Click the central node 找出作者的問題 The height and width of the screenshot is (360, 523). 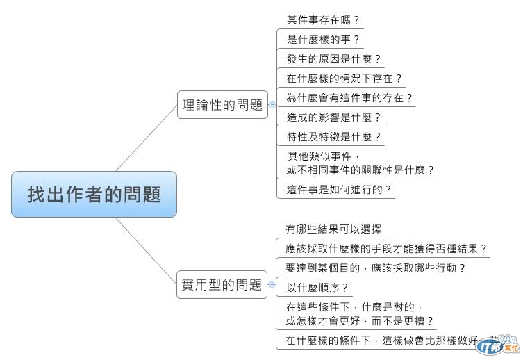pos(94,194)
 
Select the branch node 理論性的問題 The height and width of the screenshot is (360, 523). pos(222,105)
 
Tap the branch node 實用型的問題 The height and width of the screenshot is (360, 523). pos(222,284)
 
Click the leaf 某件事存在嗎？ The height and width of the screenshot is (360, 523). pos(323,20)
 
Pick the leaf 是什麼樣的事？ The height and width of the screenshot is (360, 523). pos(323,40)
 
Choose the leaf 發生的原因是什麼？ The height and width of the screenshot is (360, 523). pos(334,59)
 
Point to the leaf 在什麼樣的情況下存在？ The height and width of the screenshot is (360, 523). pos(344,79)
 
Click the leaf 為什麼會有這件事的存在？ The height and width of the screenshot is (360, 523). pos(349,98)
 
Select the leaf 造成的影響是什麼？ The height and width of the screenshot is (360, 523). pos(334,117)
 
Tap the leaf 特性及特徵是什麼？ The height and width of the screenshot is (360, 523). pos(334,137)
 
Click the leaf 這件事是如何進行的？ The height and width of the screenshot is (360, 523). pos(339,189)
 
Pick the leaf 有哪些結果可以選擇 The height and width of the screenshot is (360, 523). pos(333,229)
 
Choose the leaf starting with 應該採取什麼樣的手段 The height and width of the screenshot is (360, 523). pos(386,248)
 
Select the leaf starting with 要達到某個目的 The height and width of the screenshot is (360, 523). pos(375,268)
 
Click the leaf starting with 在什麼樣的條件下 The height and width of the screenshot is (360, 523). pos(382,341)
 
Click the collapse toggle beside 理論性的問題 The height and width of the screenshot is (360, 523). pos(272,105)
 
